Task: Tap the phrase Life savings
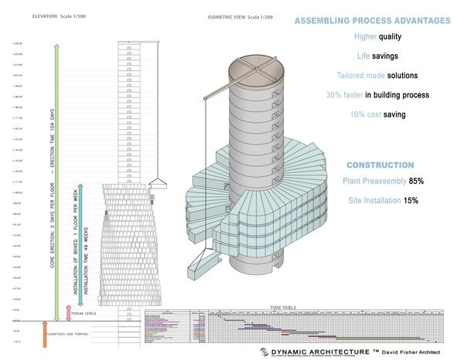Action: [374, 57]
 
